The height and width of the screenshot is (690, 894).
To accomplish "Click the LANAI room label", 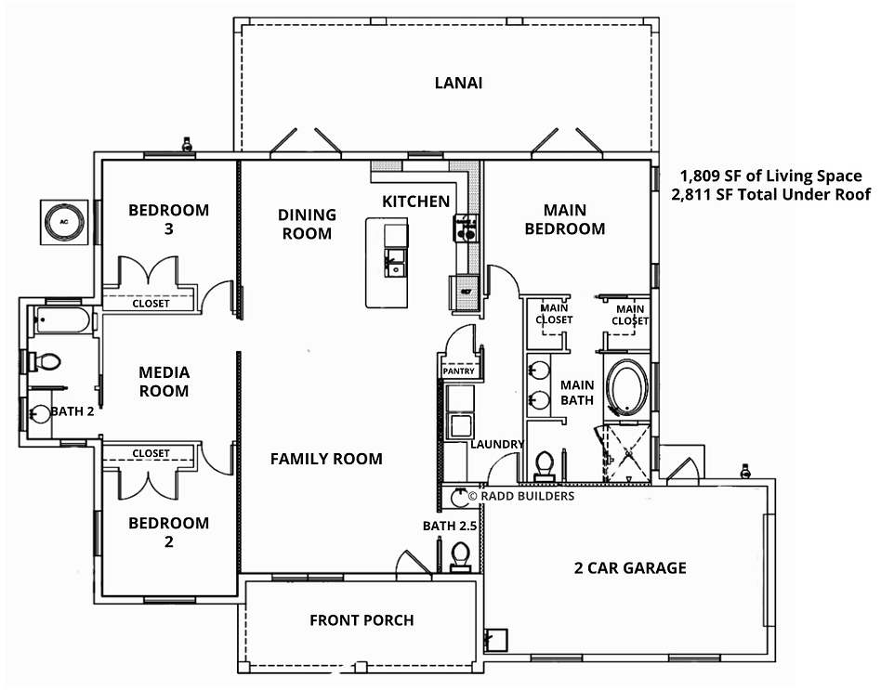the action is (458, 84).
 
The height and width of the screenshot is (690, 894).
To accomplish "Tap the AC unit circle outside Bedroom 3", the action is (64, 222).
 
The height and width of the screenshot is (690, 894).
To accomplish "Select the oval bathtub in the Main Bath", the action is (626, 385).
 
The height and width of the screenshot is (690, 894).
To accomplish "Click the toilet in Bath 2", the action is (45, 361).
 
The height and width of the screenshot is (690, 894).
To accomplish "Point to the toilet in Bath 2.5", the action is (460, 555).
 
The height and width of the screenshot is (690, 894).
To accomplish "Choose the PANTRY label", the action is (458, 371).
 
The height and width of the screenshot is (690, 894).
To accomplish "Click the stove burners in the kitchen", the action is (466, 228).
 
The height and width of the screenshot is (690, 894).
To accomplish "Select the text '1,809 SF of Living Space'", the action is (770, 176).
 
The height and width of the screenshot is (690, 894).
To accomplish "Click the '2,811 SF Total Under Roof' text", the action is (770, 195).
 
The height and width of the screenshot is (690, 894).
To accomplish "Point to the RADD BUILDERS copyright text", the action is (521, 496).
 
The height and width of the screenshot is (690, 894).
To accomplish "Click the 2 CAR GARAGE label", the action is (630, 567).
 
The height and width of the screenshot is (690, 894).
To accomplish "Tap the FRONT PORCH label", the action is (362, 620).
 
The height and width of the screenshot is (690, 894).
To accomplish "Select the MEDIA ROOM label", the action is (164, 382).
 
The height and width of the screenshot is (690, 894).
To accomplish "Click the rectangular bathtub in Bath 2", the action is (61, 320).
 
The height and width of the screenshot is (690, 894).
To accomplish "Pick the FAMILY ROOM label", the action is (326, 459).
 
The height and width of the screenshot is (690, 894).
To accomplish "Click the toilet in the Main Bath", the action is (545, 465).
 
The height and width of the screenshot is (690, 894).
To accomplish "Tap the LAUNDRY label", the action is (497, 444).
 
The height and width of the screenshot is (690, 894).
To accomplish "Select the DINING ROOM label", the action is (307, 224).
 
